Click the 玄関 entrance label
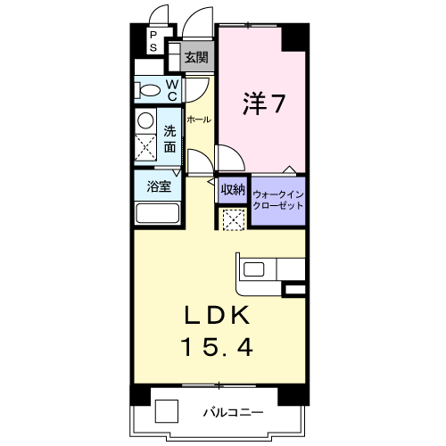coord(196,57)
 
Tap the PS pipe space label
coord(153,41)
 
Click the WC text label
coord(172,90)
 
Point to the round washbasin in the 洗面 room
coord(145,120)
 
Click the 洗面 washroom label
coord(170,139)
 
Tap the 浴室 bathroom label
coord(159,186)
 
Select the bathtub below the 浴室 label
coord(158,213)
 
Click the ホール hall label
coord(199,120)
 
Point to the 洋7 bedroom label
coord(264,103)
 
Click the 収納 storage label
coord(233,189)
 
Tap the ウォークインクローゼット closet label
coord(278,200)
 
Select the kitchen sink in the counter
coord(253,269)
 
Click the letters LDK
coord(217,315)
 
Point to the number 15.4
coord(218,348)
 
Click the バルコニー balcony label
coord(234,412)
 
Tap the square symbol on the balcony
coord(167,411)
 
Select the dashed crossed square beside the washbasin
coord(145,147)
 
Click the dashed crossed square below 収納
coord(234,219)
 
